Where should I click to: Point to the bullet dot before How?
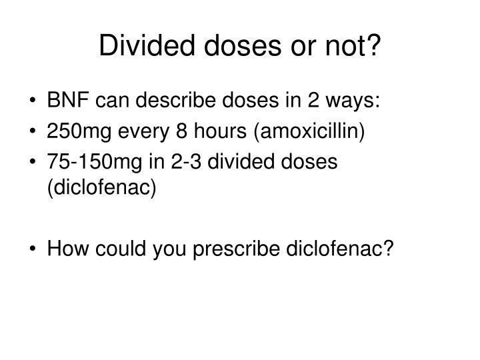[x=33, y=249]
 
